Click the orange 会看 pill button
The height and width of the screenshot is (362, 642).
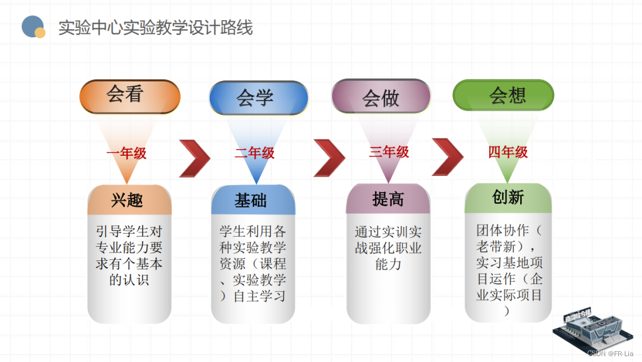(130, 96)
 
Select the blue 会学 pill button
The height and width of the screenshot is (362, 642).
(258, 97)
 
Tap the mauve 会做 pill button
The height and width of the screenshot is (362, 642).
(381, 96)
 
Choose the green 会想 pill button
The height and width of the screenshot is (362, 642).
(503, 95)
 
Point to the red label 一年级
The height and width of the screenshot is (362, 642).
(127, 153)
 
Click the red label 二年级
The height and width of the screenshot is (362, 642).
(254, 153)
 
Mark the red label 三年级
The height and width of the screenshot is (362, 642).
(389, 152)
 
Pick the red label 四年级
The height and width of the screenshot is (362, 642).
(508, 152)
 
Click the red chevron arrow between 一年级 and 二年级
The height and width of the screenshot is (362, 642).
(194, 159)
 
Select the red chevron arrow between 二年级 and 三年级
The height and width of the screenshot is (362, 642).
(329, 158)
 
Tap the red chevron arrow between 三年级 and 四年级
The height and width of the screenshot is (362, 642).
(448, 157)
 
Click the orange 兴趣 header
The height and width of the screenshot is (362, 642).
(129, 200)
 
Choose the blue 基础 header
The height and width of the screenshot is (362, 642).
(252, 201)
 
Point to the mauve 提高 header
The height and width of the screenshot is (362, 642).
(388, 199)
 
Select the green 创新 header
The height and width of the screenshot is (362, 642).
(508, 197)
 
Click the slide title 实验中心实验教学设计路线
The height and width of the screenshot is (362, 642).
(156, 28)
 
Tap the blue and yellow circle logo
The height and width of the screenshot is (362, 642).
(33, 27)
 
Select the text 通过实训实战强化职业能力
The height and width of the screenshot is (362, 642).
(388, 248)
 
